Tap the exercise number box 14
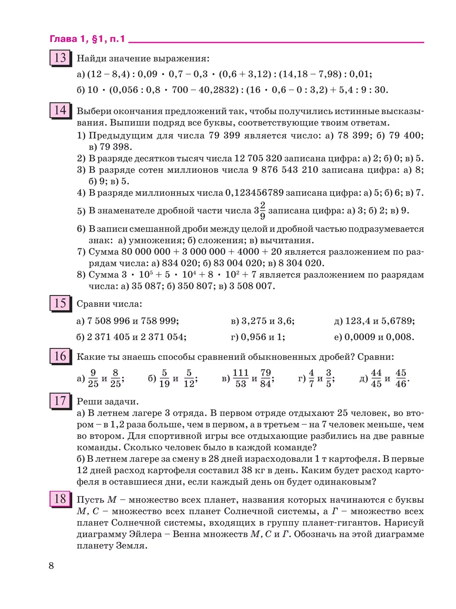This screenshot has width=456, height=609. [x=60, y=110]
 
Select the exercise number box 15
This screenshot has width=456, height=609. [x=60, y=303]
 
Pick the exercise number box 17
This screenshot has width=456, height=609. [x=60, y=401]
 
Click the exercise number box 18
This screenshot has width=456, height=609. [x=60, y=499]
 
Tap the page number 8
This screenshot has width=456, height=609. [x=52, y=566]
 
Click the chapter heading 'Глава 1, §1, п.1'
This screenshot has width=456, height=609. [x=87, y=39]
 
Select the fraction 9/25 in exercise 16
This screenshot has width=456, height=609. [x=93, y=378]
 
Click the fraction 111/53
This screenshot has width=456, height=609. [x=241, y=378]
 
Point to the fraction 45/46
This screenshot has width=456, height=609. [x=401, y=378]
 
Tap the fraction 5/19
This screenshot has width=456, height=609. [x=164, y=378]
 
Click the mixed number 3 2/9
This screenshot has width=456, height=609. [x=260, y=211]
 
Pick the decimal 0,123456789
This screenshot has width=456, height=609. [x=255, y=193]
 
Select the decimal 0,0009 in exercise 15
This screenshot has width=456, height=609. [x=359, y=337]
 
